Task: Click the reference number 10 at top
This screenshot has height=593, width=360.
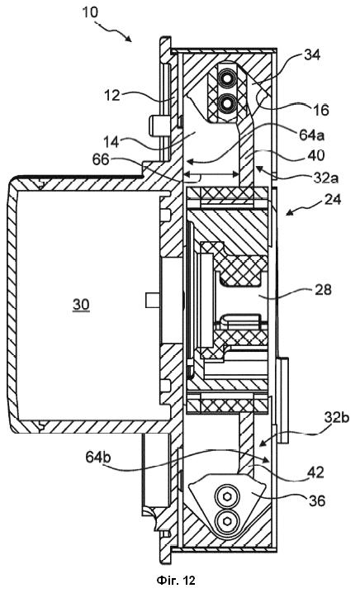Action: click(90, 12)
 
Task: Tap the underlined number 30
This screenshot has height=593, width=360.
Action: click(81, 305)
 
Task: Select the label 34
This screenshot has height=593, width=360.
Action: click(312, 55)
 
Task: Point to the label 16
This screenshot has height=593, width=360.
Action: click(321, 110)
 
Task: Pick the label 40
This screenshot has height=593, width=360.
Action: click(316, 155)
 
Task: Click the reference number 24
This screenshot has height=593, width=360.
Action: click(333, 199)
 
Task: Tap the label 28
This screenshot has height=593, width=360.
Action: click(323, 291)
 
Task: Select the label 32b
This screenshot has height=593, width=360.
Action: click(337, 417)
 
